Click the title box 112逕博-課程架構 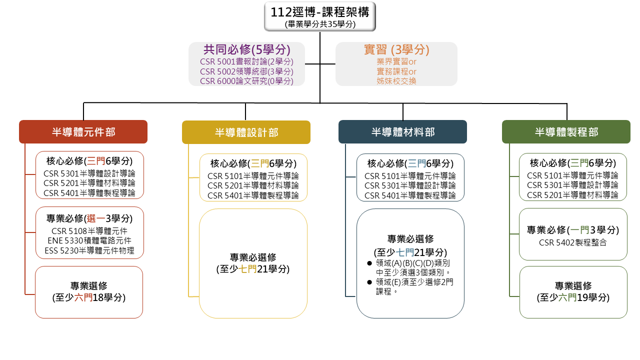319,16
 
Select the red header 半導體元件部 83,131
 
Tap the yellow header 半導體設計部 246,132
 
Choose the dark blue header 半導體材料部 402,131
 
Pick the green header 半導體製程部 566,131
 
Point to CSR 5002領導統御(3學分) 246,71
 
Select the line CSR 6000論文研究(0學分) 246,81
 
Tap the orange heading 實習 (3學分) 396,49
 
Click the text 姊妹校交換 396,81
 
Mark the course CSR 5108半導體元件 89,231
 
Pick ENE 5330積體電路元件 89,240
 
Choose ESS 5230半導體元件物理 89,250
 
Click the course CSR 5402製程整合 573,242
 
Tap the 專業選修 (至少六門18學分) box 89,292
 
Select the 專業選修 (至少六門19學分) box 573,292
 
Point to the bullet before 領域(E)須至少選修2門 369,282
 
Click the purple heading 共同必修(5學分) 247,49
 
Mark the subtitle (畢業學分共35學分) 320,24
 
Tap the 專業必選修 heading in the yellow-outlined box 253,257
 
